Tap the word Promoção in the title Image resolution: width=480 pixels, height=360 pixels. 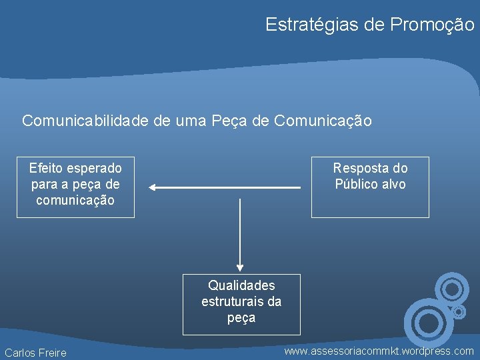click(x=433, y=25)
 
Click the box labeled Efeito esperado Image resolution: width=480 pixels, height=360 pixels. click(x=75, y=187)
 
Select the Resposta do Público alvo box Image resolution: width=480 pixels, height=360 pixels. click(x=370, y=187)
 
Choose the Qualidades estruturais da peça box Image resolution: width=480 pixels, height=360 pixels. click(x=241, y=304)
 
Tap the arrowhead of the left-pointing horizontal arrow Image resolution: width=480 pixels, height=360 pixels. click(x=153, y=188)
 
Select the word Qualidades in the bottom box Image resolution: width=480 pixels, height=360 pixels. click(x=241, y=285)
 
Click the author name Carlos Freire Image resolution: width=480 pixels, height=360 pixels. click(x=36, y=353)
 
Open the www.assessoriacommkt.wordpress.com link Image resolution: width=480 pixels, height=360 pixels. click(x=379, y=351)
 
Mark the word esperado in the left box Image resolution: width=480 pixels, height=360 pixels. click(x=95, y=167)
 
